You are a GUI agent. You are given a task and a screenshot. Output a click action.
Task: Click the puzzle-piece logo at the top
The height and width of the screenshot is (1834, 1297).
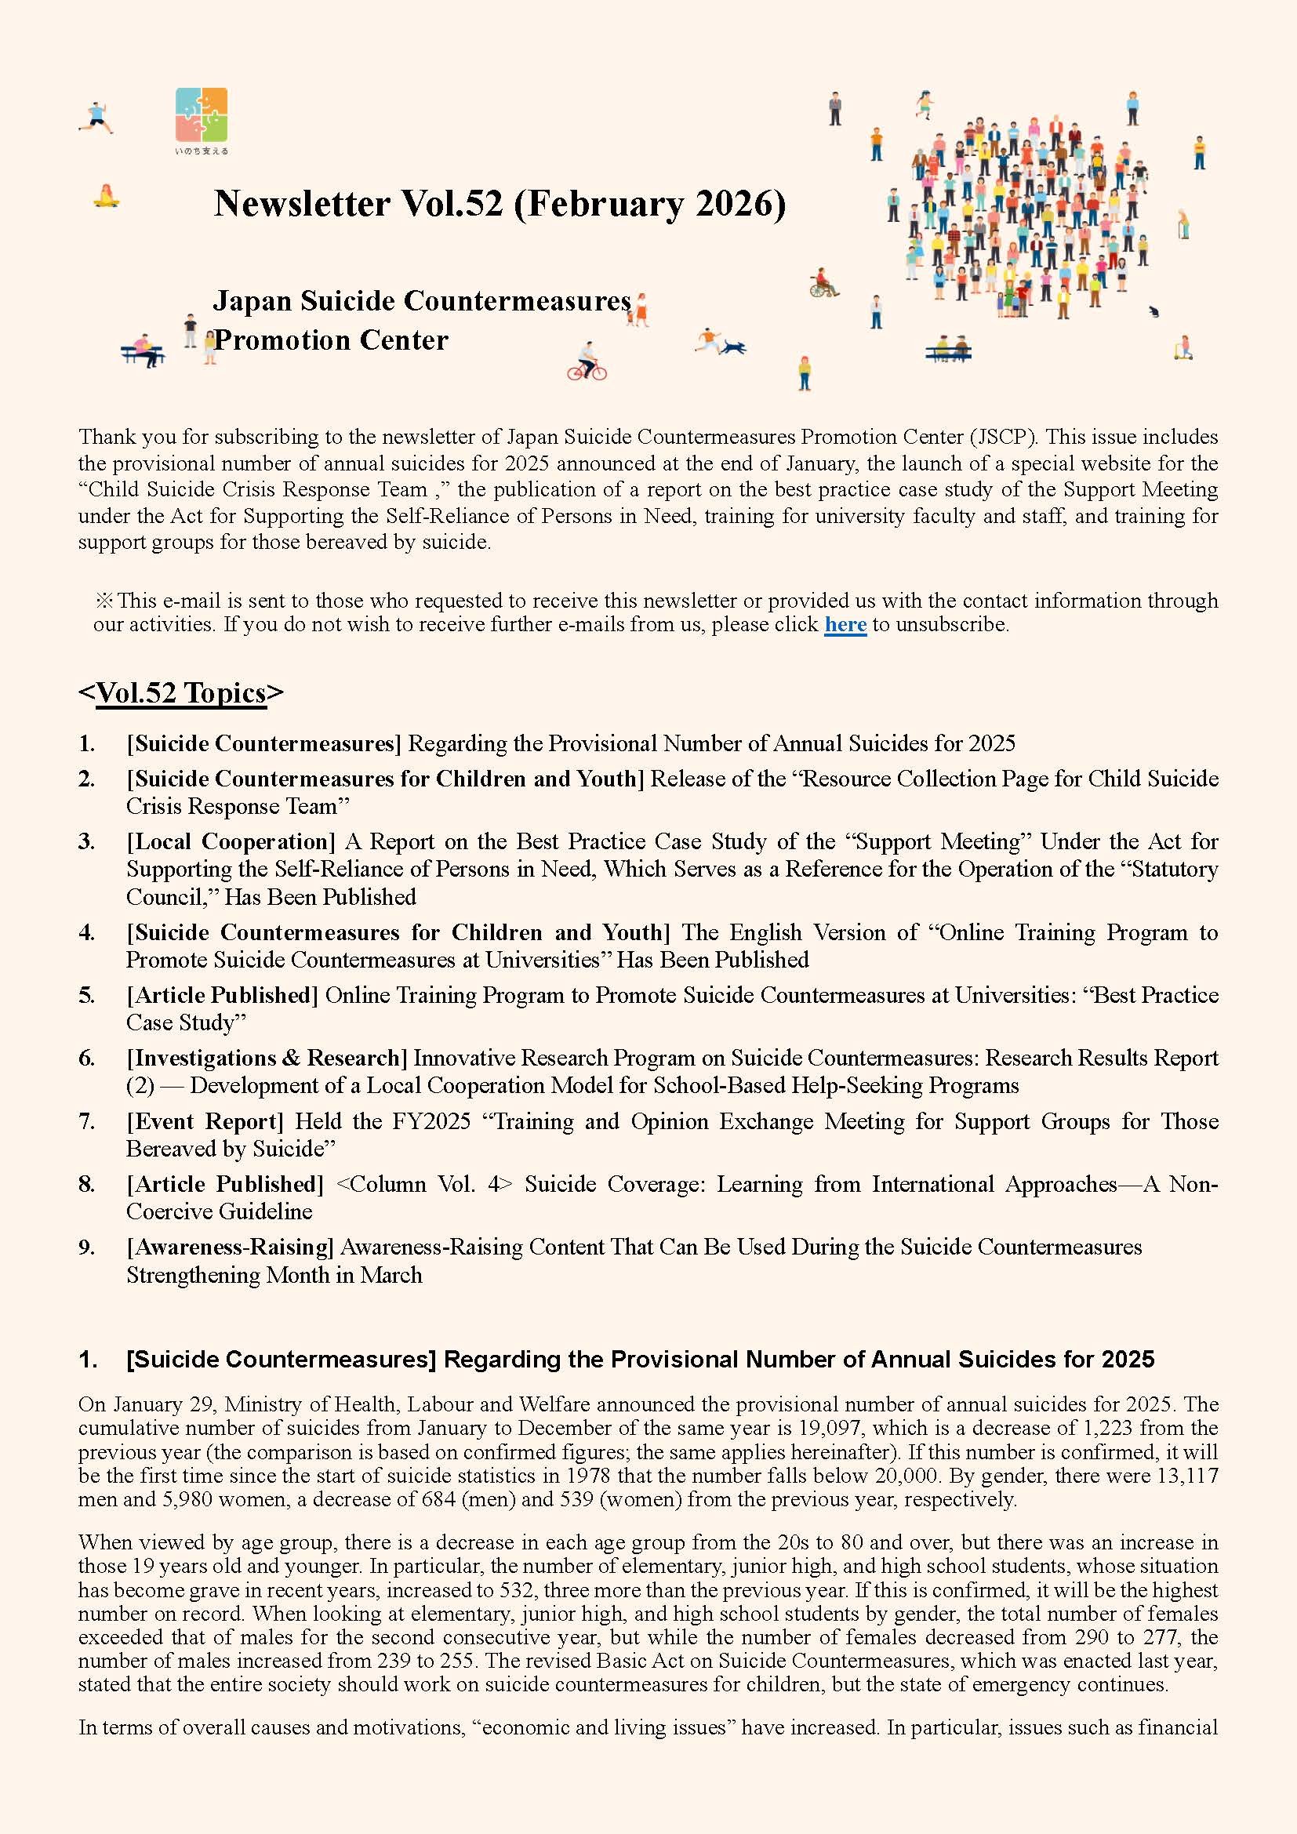(x=202, y=115)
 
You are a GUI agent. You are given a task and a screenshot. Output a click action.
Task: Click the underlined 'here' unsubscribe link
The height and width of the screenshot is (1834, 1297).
(x=845, y=624)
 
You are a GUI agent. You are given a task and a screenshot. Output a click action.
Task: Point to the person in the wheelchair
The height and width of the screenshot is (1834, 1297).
(x=823, y=283)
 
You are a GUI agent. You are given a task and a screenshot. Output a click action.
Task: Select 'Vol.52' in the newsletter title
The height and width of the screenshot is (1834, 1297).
(x=452, y=204)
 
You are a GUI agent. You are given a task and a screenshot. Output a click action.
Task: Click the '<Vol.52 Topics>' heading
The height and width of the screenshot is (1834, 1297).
(x=180, y=692)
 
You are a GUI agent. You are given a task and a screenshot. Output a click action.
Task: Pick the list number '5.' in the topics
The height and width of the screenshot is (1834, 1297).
(x=87, y=995)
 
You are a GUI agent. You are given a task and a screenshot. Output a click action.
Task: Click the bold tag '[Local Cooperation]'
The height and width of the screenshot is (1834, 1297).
(x=231, y=842)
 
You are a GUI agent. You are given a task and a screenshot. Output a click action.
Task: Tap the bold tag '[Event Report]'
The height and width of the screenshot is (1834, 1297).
(x=205, y=1121)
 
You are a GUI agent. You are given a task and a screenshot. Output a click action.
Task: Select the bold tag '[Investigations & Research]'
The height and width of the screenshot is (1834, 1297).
(x=267, y=1059)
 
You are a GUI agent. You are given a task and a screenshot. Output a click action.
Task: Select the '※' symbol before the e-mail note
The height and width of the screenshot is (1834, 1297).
(x=104, y=601)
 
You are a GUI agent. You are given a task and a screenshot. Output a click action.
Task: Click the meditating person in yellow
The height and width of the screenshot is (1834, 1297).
(x=106, y=196)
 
